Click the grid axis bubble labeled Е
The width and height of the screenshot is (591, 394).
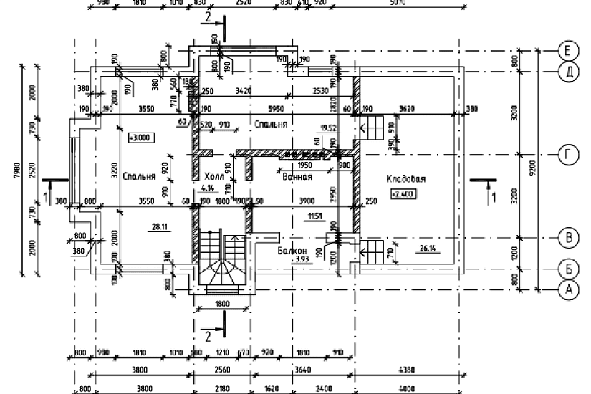tap(567, 51)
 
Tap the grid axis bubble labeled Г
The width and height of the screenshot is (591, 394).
tap(567, 154)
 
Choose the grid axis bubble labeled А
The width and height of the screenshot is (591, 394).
tap(567, 289)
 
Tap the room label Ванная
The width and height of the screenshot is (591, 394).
tap(296, 176)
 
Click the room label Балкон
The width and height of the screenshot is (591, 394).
tap(292, 250)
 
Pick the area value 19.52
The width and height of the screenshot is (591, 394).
tap(329, 128)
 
